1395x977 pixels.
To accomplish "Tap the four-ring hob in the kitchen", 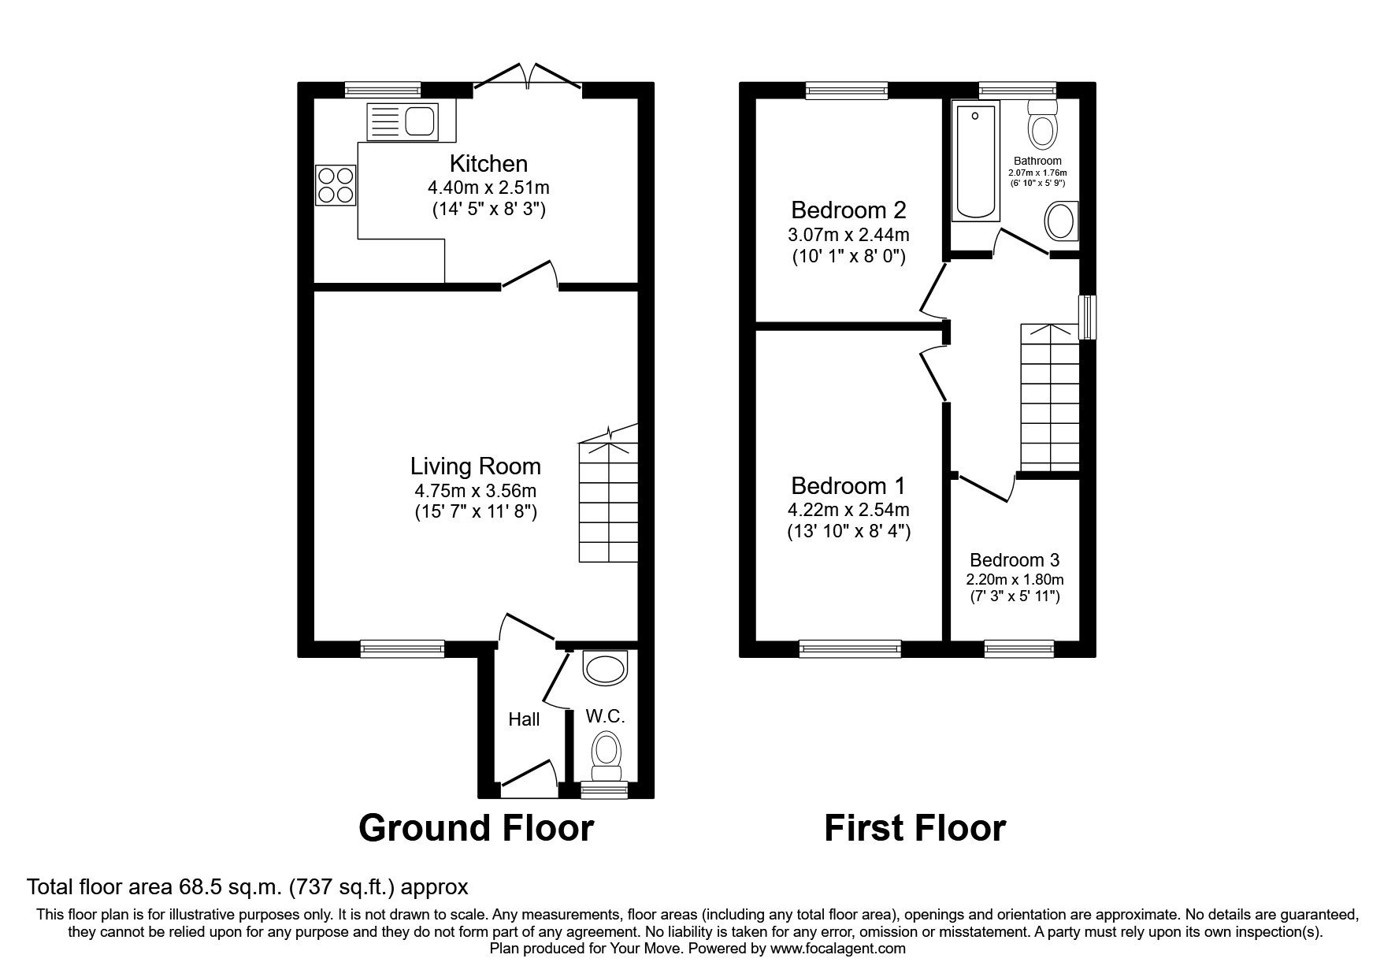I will pyautogui.click(x=336, y=185).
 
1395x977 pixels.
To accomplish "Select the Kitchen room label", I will pyautogui.click(x=488, y=164).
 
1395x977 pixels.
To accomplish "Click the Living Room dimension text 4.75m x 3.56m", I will pyautogui.click(x=476, y=490).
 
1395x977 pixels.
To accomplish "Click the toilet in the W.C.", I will pyautogui.click(x=606, y=752).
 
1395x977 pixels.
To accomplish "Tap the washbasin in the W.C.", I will pyautogui.click(x=606, y=668).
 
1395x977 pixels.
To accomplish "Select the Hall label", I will pyautogui.click(x=524, y=719).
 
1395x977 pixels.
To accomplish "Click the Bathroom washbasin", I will pyautogui.click(x=1061, y=221).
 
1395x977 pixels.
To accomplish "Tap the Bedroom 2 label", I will pyautogui.click(x=848, y=210).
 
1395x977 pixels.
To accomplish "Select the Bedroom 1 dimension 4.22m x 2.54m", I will pyautogui.click(x=848, y=510).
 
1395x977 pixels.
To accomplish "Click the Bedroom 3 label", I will pyautogui.click(x=1015, y=560).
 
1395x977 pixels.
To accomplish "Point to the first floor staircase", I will pyautogui.click(x=1049, y=398).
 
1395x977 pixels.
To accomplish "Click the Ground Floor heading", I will pyautogui.click(x=476, y=828).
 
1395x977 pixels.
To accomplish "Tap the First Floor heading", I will pyautogui.click(x=915, y=828).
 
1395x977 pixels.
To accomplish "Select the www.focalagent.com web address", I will pyautogui.click(x=837, y=949).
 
